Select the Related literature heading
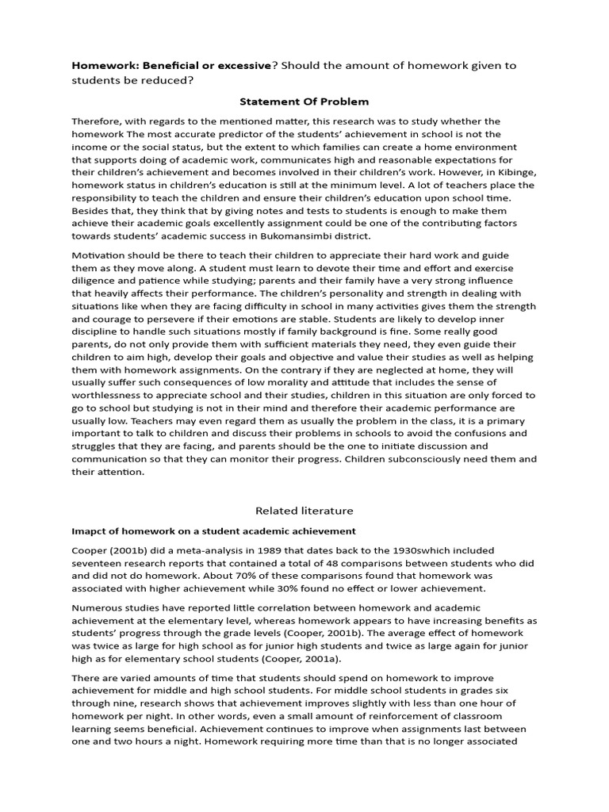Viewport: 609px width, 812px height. click(x=304, y=511)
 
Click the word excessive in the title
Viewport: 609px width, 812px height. click(x=237, y=65)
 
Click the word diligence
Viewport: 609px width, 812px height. click(x=95, y=281)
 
